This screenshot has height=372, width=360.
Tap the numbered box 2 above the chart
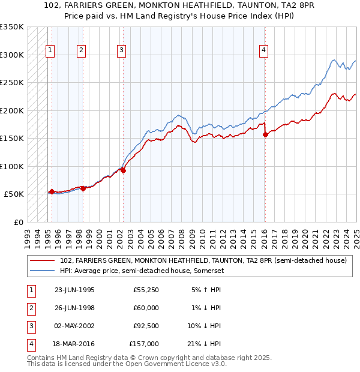tap(80, 50)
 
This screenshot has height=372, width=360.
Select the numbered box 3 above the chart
tap(121, 50)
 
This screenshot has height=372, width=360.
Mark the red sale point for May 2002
tap(123, 170)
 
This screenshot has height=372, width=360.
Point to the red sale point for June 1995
tap(52, 191)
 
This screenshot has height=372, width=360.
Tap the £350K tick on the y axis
tap(12, 27)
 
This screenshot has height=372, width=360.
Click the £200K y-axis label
tap(12, 110)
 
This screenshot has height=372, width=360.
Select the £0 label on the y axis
tap(18, 222)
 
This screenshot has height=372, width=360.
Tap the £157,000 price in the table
tap(144, 344)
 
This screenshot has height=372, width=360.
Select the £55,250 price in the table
tap(146, 290)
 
